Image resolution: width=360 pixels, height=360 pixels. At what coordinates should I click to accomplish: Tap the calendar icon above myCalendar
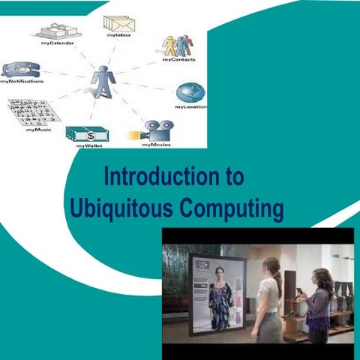[x=58, y=30]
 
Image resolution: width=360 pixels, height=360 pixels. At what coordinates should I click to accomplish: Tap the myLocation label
[x=190, y=107]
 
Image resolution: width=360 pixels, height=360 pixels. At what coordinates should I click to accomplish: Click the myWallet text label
[x=89, y=147]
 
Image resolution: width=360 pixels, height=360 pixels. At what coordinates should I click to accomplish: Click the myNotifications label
[x=22, y=81]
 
